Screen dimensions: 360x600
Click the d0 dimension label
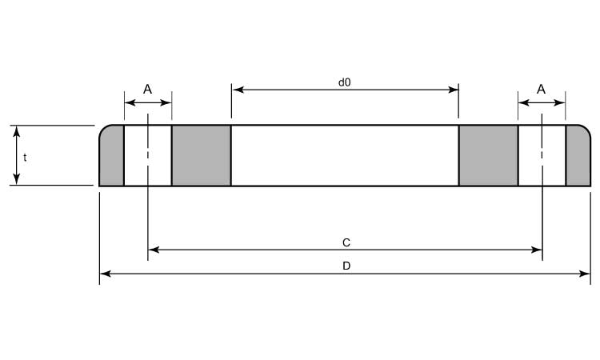point(345,82)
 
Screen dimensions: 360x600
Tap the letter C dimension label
point(346,242)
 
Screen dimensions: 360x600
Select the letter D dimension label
point(346,266)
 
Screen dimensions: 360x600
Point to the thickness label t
point(25,158)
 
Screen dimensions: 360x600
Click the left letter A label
point(147,90)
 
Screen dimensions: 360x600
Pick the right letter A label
point(541,90)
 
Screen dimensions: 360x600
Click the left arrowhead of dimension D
point(104,274)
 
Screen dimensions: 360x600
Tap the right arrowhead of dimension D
point(586,274)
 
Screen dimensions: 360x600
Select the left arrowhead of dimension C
point(153,250)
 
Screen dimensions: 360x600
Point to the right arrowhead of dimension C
point(538,250)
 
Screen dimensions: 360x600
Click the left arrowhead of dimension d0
point(236,90)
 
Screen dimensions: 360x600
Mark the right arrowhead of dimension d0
point(454,90)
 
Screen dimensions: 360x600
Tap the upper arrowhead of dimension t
point(17,130)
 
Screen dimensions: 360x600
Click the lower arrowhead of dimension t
point(17,181)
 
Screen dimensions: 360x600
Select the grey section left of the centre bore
point(201,155)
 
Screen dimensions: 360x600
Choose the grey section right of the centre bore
point(488,155)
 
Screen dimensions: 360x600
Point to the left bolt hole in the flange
point(148,155)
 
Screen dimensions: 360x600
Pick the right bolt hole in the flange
point(542,155)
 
